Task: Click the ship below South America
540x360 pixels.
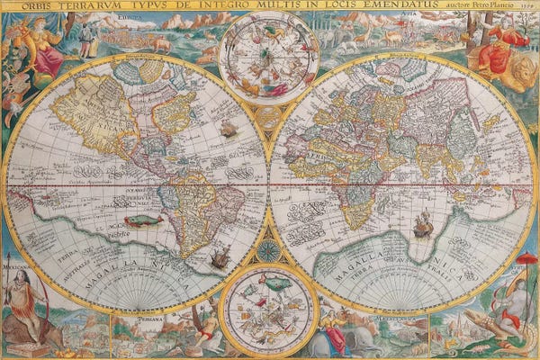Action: click(x=219, y=259)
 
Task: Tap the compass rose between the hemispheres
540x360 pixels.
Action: click(x=269, y=251)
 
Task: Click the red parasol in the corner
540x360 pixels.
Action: click(x=526, y=260)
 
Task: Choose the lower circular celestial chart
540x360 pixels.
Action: click(x=268, y=309)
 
